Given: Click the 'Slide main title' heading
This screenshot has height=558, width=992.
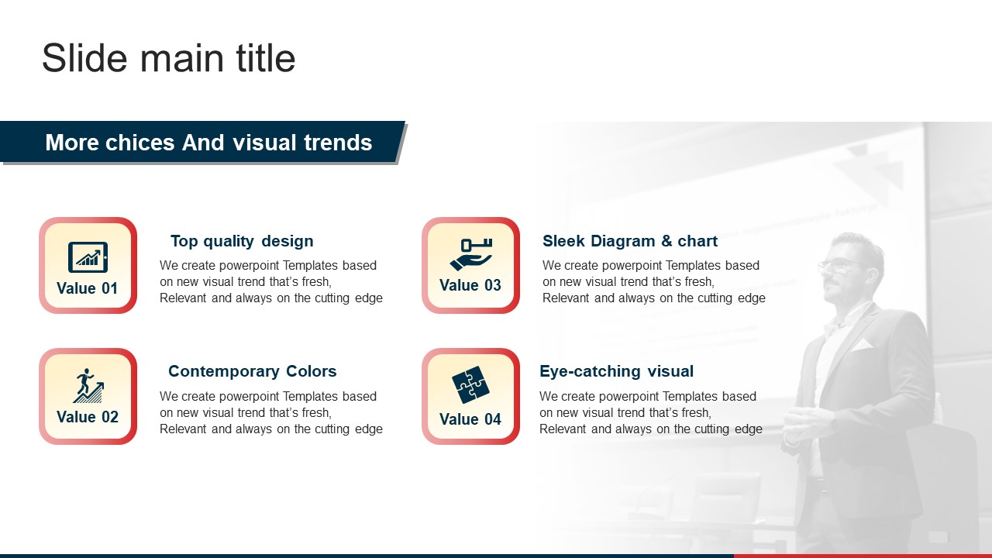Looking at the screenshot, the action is tap(169, 58).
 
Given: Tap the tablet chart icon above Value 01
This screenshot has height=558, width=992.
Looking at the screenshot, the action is tap(88, 257).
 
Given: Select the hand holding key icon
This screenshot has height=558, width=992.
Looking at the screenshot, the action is tap(470, 254).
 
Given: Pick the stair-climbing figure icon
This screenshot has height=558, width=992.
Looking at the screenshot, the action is tap(88, 385).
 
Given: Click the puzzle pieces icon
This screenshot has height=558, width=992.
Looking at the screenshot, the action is tap(470, 384).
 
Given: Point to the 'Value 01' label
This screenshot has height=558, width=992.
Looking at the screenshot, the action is tap(88, 288).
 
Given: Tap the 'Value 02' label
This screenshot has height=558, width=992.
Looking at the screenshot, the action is tap(88, 417).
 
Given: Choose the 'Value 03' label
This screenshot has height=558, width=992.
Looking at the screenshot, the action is tap(470, 285).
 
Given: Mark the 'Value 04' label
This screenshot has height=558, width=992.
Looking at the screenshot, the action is tap(470, 419).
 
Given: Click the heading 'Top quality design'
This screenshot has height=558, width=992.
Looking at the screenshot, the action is tap(242, 241).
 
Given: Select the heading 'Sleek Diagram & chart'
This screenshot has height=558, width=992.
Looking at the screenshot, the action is tap(630, 241).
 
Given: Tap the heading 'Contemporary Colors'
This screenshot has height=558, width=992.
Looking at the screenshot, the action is tap(253, 371).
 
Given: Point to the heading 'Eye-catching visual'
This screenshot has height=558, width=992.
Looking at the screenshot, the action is tap(616, 371).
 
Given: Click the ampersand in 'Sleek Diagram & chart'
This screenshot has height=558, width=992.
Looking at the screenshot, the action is tap(666, 241).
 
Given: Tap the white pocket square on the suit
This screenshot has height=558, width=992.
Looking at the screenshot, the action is tap(861, 345).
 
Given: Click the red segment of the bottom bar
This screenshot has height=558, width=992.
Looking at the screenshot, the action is tap(863, 556).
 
